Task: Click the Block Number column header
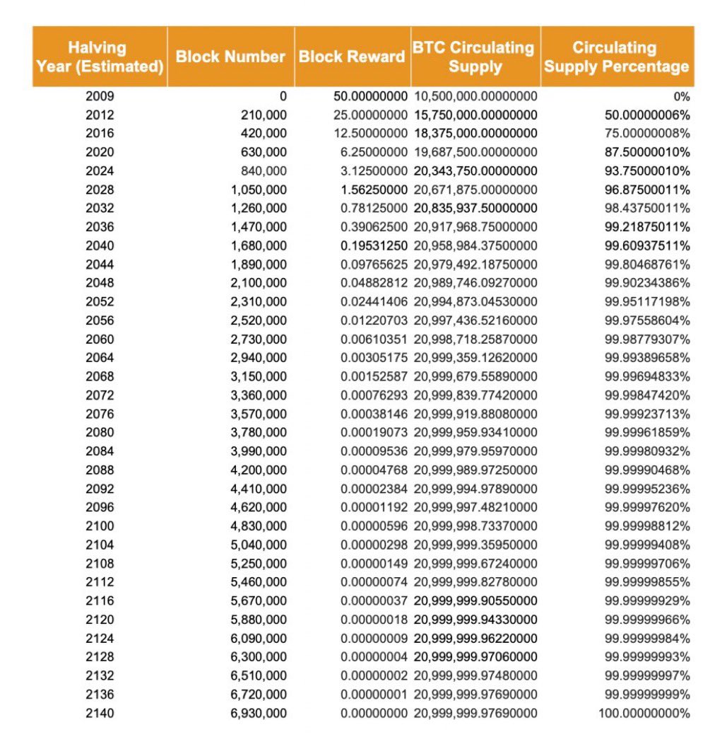[x=230, y=57]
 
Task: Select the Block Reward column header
[x=351, y=57]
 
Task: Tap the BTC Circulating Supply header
[x=474, y=57]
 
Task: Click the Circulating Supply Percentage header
[x=616, y=57]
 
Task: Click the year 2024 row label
[x=100, y=171]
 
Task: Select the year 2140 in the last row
[x=100, y=713]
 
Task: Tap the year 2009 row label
[x=100, y=96]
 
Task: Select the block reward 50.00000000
[x=370, y=96]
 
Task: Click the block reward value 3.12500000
[x=374, y=171]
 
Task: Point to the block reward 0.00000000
[x=374, y=713]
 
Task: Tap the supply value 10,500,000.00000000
[x=475, y=96]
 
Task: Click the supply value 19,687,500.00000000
[x=475, y=152]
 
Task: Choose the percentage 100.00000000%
[x=644, y=713]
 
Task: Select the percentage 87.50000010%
[x=647, y=152]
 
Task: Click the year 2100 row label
[x=100, y=526]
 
